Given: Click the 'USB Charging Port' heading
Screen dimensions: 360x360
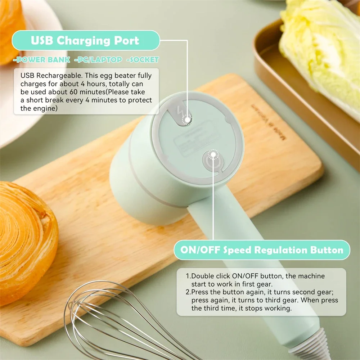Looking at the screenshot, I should click(x=85, y=40).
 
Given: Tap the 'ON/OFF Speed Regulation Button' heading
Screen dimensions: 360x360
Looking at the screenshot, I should click(x=262, y=250).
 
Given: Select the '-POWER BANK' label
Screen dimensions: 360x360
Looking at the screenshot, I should click(x=42, y=60).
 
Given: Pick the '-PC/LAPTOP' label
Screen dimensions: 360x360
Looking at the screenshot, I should click(x=98, y=60).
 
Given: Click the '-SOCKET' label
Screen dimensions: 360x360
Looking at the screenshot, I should click(x=143, y=60).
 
